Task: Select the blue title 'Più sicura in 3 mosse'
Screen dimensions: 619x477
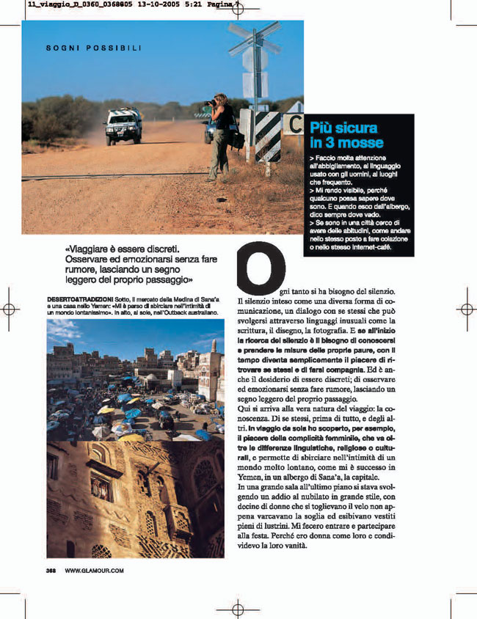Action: [x=346, y=136]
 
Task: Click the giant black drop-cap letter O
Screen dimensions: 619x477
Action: [x=262, y=267]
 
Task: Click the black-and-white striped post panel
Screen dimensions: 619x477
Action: [x=267, y=136]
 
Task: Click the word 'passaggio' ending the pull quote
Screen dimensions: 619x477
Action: [x=167, y=280]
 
